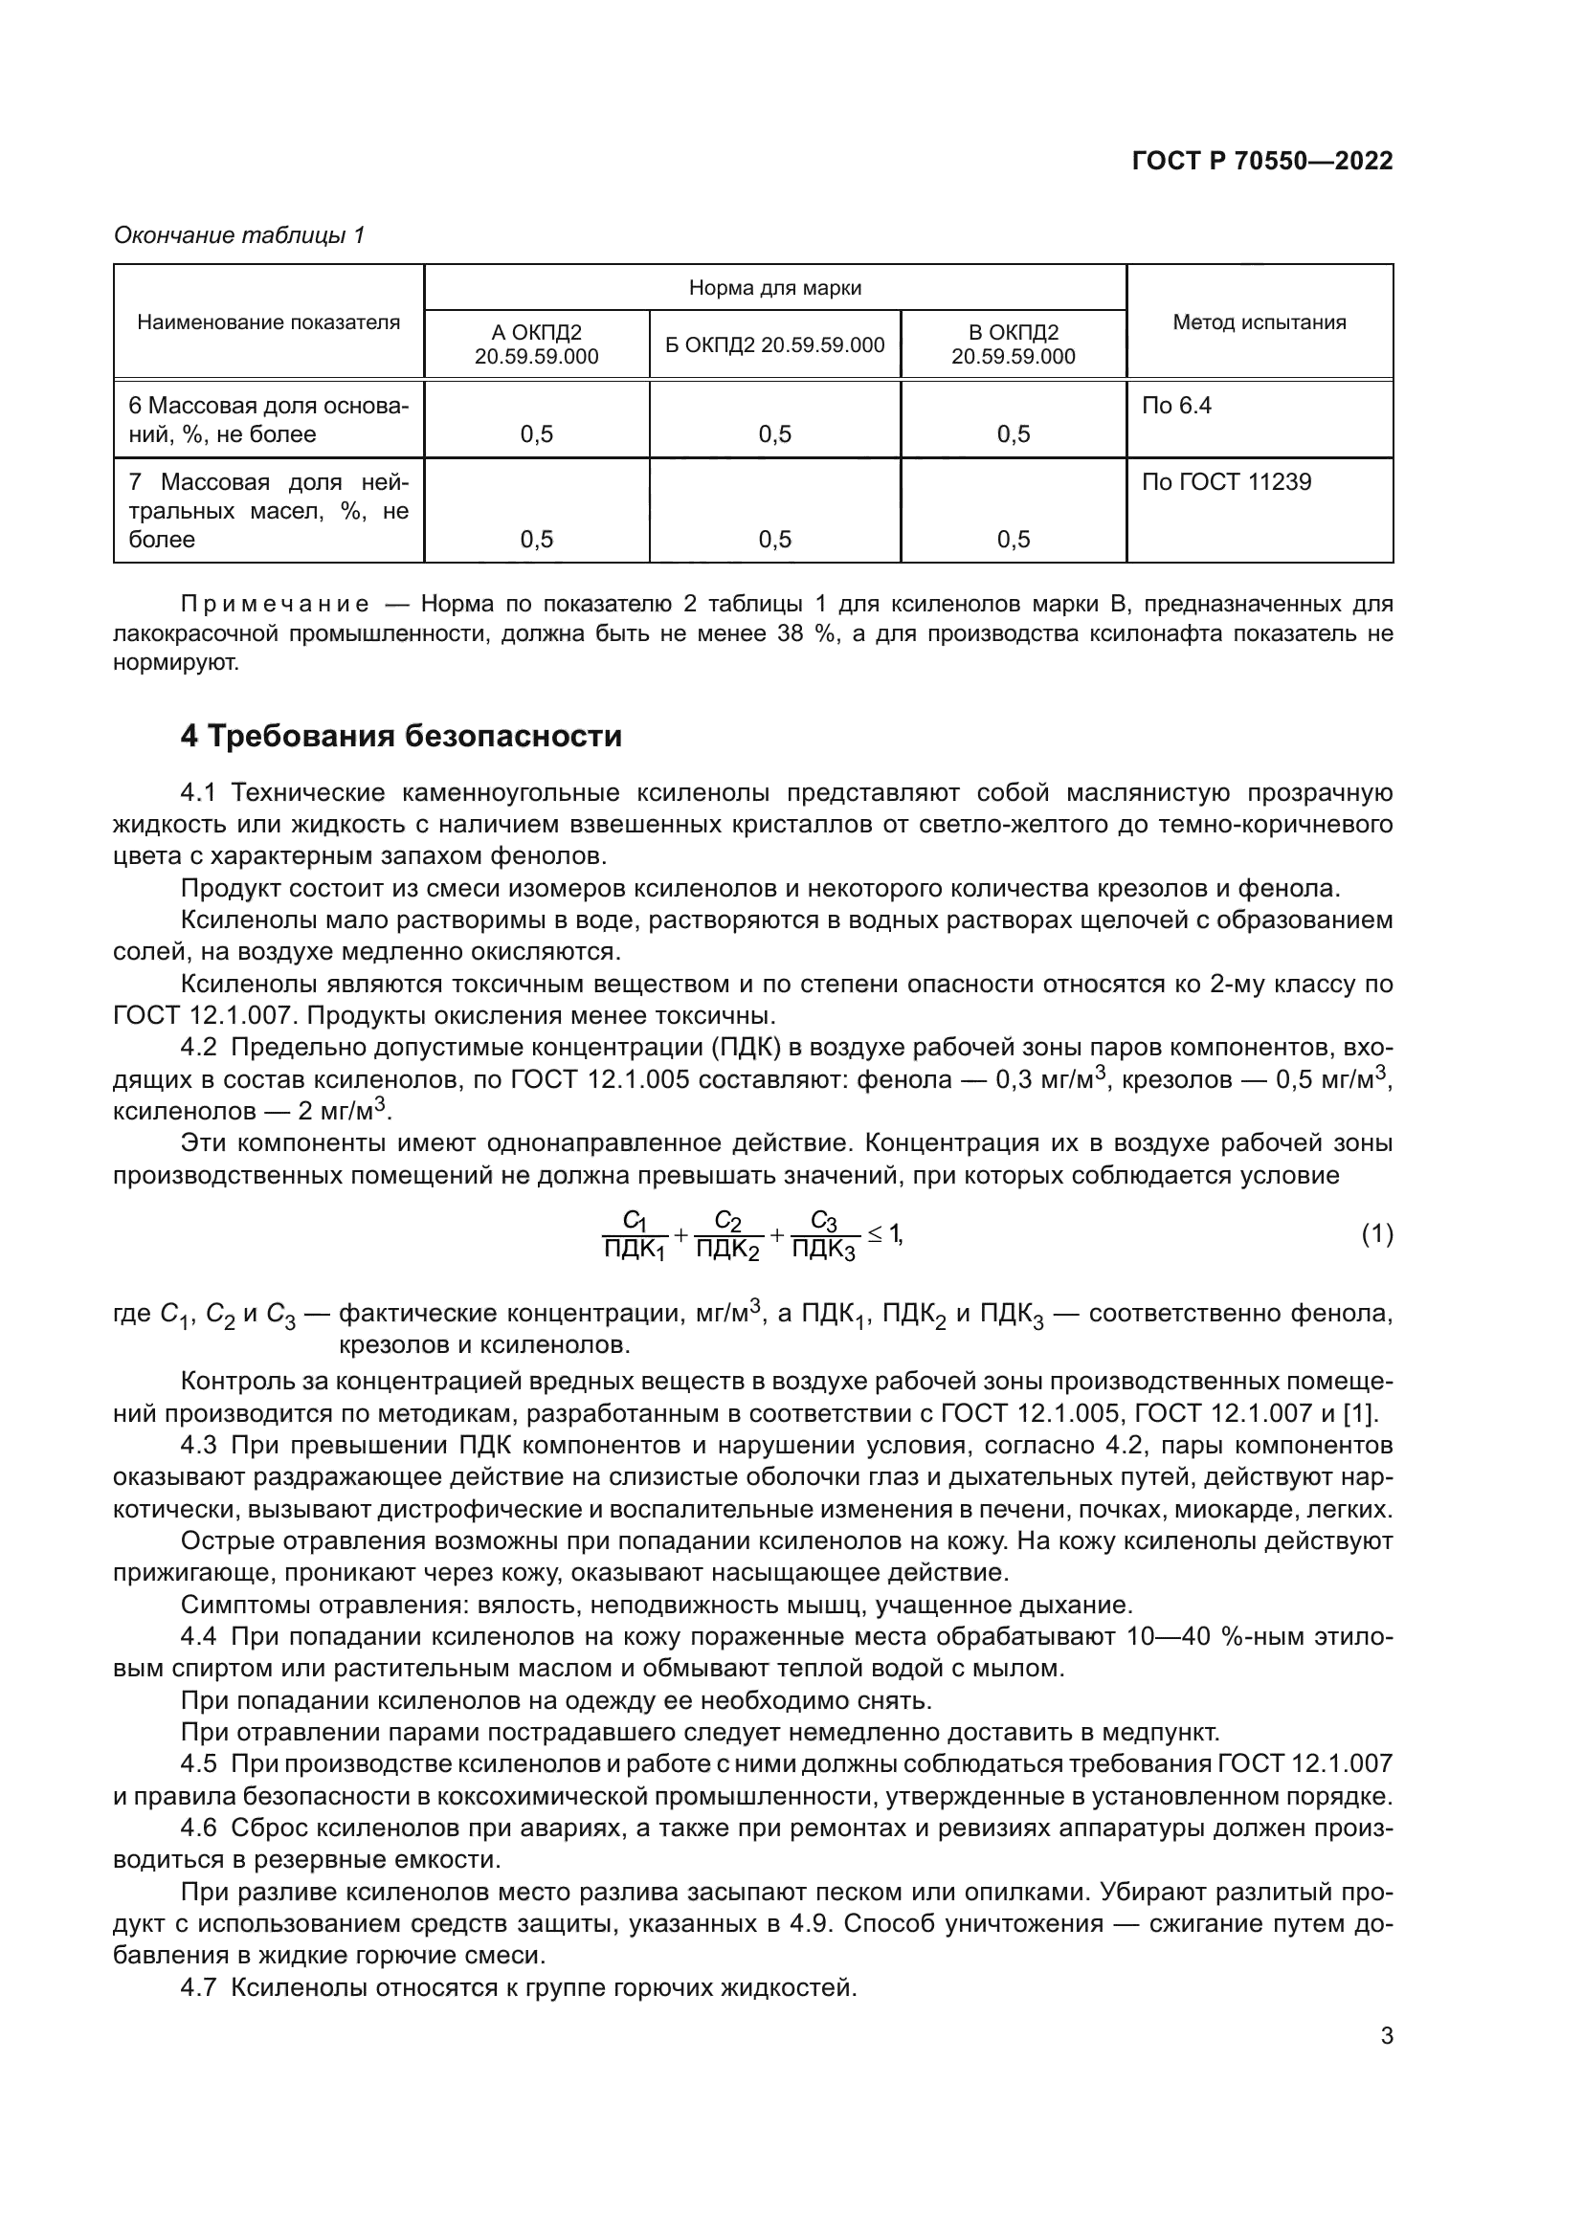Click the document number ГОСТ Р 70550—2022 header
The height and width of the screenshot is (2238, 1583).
click(1261, 161)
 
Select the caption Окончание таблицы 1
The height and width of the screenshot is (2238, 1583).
click(239, 235)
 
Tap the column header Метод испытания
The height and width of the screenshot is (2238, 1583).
click(1259, 321)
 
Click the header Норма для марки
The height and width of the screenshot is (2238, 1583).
click(775, 288)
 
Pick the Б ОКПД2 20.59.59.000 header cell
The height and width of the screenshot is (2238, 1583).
click(775, 344)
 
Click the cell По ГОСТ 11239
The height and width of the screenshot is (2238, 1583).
click(1226, 481)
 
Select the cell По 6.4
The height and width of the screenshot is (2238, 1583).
click(1175, 406)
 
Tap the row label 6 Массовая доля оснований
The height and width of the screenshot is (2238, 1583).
click(268, 419)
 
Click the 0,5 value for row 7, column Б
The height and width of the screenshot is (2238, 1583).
click(775, 539)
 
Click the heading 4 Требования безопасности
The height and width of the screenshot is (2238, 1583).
click(401, 736)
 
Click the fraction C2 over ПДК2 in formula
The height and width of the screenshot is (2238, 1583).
click(727, 1235)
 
